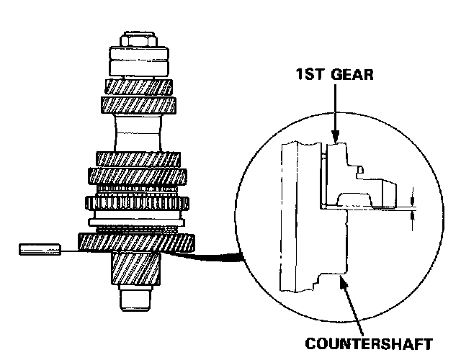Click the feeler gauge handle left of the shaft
(39, 250)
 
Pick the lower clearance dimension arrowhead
(412, 216)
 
